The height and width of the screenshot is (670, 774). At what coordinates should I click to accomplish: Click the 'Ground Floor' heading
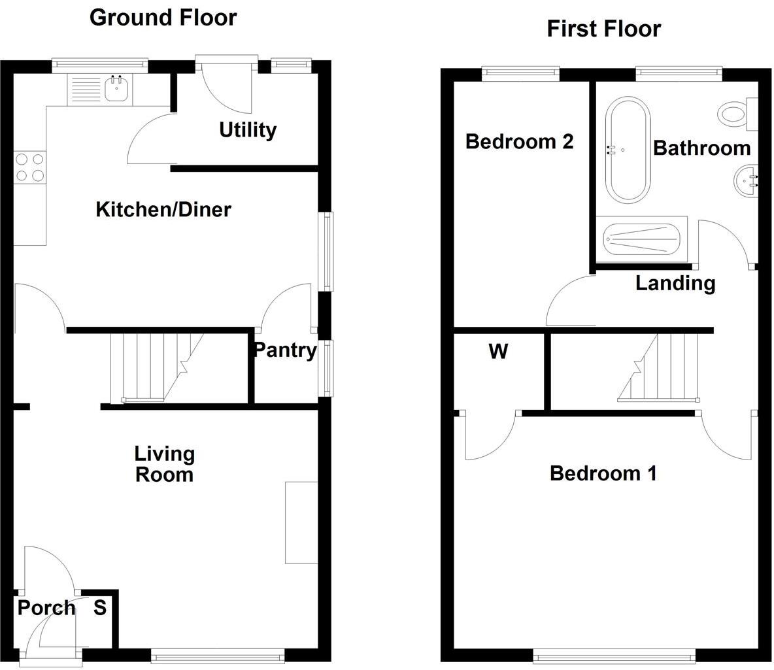coord(163,18)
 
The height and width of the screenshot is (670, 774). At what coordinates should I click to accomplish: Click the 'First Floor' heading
coord(603,29)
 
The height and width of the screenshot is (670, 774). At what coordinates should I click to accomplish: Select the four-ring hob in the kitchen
coord(29,167)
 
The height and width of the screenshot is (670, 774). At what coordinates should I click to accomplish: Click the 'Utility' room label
coord(248,130)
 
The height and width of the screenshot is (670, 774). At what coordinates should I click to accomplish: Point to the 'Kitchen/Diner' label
coord(163,210)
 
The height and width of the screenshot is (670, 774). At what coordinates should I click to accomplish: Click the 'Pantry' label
coord(284,350)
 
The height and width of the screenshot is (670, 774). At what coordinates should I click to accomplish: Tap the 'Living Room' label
coord(164,464)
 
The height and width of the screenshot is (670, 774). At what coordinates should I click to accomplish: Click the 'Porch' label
coord(46,609)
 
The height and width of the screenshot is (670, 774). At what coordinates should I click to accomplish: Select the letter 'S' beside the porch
coord(99,608)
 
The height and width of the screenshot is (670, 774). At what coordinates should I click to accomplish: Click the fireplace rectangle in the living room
coord(301,522)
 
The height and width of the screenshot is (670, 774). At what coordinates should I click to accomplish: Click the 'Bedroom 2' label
coord(519,141)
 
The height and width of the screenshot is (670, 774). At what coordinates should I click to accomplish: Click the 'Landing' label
coord(675,284)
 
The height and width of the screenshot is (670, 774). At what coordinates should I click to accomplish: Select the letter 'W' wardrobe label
coord(498,352)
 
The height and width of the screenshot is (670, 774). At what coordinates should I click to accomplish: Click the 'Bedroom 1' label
coord(603,473)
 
